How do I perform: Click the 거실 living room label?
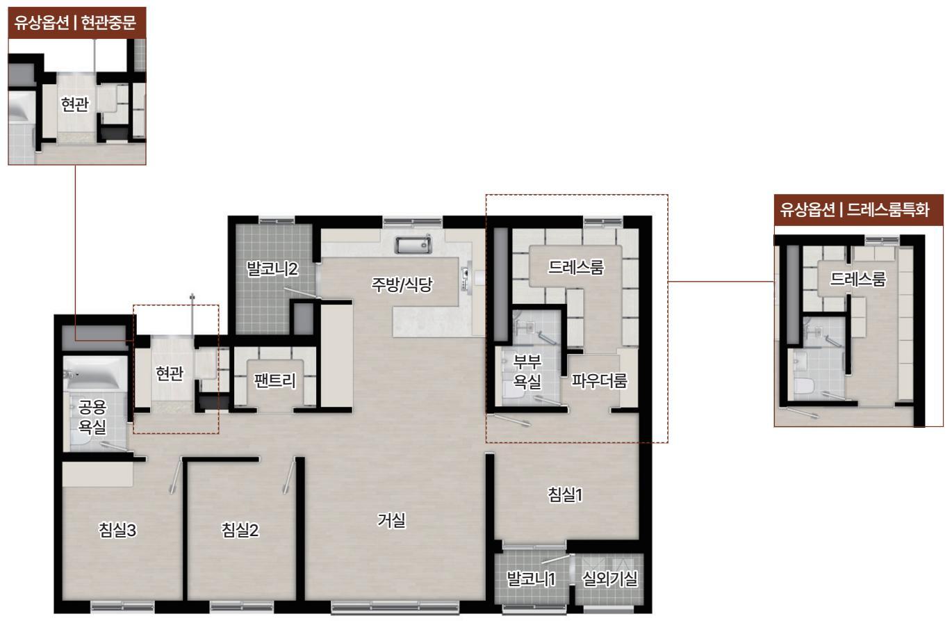point(391,519)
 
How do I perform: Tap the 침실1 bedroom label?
point(565,494)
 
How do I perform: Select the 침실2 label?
point(240,530)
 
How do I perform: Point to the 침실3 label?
point(117,530)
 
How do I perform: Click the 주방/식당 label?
point(402,284)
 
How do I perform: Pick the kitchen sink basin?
point(413,245)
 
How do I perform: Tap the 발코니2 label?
point(272,269)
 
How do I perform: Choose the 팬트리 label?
point(274,380)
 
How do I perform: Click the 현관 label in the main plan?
point(170,373)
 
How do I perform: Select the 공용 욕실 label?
point(92,417)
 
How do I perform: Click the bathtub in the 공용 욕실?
point(95,373)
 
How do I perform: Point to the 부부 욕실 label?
point(527,371)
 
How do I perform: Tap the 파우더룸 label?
point(599,380)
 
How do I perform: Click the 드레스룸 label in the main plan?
point(576,267)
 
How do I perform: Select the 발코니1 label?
point(531,579)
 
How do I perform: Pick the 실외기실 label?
point(610,578)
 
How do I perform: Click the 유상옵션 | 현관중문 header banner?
point(77,22)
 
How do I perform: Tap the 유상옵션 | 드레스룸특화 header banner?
point(858,210)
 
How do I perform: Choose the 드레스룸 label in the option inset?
point(858,279)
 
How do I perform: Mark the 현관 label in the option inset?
point(75,104)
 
